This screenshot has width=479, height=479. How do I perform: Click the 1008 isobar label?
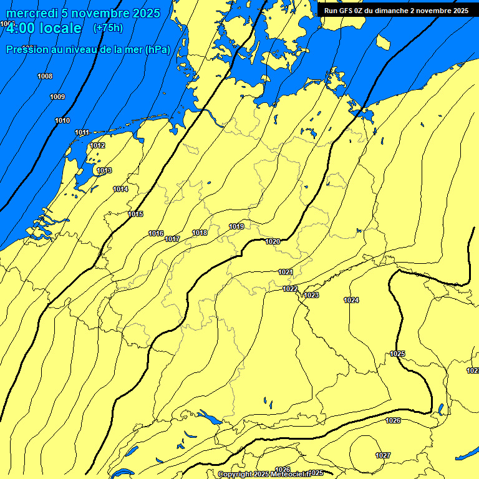(x=45, y=76)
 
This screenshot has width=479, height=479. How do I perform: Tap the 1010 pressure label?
(x=62, y=120)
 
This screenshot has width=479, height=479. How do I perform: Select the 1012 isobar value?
(x=97, y=145)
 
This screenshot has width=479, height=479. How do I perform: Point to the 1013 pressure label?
(x=104, y=170)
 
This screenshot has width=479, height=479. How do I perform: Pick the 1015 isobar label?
(x=135, y=214)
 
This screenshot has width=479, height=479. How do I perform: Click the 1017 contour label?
(x=172, y=239)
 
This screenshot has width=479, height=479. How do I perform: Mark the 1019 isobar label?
(x=236, y=226)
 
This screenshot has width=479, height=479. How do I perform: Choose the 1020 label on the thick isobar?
(x=273, y=241)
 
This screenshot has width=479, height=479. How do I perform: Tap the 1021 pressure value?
(x=286, y=272)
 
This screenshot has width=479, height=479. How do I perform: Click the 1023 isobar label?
(x=311, y=295)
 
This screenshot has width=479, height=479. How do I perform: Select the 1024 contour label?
(x=351, y=300)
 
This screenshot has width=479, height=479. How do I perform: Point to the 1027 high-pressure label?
(x=383, y=455)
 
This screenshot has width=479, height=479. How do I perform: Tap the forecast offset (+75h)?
(x=108, y=28)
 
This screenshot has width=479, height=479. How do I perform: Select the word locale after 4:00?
(x=60, y=28)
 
